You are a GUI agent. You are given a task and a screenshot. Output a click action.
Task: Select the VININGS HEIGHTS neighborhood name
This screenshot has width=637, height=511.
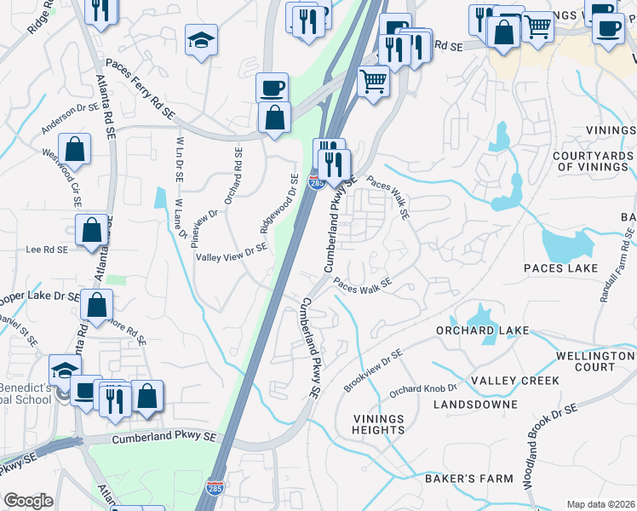point(379,423)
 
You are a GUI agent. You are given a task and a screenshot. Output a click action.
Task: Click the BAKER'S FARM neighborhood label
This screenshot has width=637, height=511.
point(469,479)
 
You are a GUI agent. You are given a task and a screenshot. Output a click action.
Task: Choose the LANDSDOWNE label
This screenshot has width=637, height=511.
point(474,405)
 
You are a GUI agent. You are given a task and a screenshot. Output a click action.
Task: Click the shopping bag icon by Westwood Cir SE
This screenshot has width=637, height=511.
point(76,149)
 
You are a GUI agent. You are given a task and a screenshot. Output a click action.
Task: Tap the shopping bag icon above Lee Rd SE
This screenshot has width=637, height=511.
point(91,230)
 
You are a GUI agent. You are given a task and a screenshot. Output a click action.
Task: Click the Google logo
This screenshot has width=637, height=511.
point(28,501)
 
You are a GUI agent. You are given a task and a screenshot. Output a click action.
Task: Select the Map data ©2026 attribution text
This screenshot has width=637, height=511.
point(600,504)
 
